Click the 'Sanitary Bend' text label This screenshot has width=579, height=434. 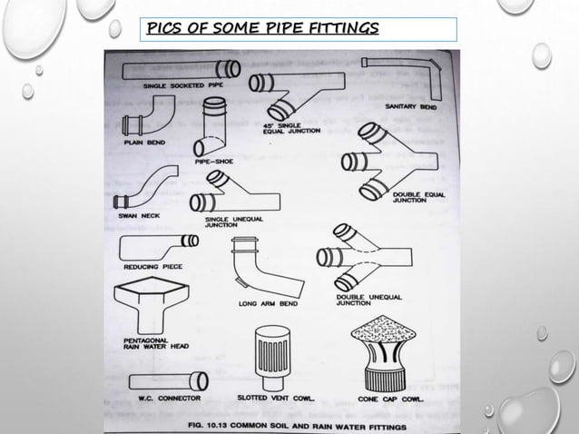(x=414, y=106)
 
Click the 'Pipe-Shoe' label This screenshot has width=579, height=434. (x=214, y=161)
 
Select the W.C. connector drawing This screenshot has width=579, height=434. (x=168, y=380)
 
